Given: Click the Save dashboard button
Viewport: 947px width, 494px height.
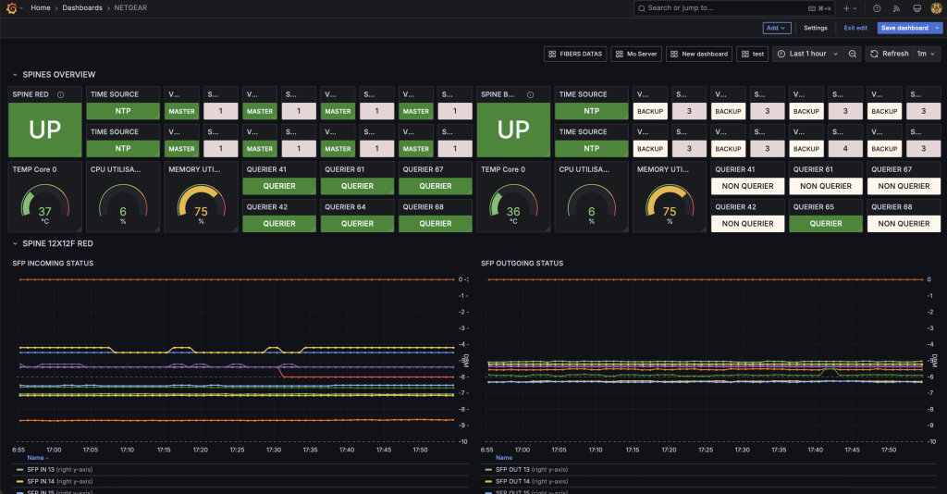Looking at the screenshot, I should tap(904, 28).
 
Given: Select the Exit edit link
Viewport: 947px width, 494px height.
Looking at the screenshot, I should tap(855, 28).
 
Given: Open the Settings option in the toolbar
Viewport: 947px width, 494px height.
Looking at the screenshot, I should tap(815, 28).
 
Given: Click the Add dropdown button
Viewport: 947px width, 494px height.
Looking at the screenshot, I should tap(777, 28).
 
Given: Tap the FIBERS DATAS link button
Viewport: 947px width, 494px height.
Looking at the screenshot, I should tap(574, 54).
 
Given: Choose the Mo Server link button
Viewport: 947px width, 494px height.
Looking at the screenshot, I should tap(636, 54).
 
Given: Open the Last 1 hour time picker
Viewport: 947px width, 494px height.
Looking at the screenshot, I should tap(807, 54).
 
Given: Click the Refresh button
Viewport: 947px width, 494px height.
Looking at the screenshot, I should tap(890, 54).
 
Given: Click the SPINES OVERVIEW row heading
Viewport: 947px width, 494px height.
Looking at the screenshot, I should tap(59, 75).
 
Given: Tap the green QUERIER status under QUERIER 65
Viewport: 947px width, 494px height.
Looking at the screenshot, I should tap(826, 223).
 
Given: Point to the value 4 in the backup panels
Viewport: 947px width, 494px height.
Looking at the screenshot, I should tap(845, 148).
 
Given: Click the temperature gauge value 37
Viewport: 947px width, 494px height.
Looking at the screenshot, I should tap(44, 212).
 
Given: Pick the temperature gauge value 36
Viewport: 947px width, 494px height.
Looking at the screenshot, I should tap(513, 212).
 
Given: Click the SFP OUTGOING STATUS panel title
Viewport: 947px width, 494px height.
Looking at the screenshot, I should tap(522, 263).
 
